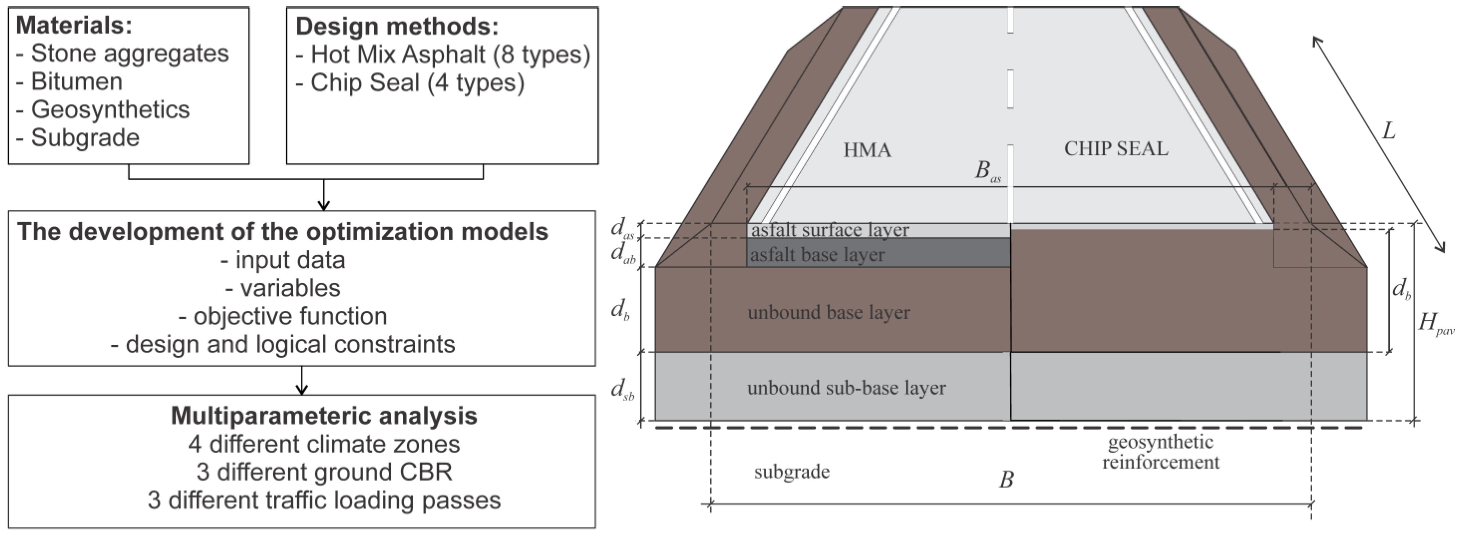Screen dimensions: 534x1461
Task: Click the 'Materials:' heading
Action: (74, 26)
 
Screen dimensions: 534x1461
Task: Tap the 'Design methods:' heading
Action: (397, 27)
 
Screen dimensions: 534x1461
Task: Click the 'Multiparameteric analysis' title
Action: (324, 415)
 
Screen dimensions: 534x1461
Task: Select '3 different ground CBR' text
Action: (324, 472)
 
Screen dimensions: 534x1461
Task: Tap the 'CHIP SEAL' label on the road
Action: (1116, 148)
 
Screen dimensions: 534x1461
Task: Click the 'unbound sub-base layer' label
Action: (846, 388)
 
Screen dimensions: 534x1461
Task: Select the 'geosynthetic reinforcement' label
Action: (1160, 452)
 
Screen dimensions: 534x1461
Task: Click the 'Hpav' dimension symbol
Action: (1435, 324)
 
